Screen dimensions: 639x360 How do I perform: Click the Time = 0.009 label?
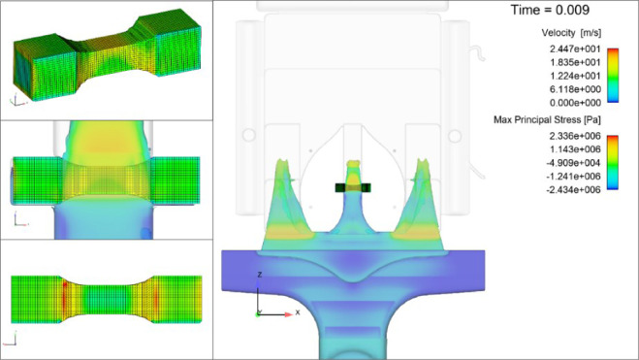(x=550, y=10)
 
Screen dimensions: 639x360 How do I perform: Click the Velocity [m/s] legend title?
(x=571, y=33)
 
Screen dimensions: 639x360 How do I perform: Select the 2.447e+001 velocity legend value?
(x=575, y=49)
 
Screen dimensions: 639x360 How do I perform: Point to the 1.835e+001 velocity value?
(x=575, y=62)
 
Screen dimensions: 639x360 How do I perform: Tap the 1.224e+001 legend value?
(x=575, y=76)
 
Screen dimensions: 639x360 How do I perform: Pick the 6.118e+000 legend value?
(x=575, y=89)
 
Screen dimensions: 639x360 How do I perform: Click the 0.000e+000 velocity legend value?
(x=575, y=103)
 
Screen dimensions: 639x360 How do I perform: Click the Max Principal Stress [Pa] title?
(x=547, y=120)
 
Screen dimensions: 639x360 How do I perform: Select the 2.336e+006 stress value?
(x=575, y=136)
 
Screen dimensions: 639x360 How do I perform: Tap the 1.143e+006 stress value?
(x=575, y=149)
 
